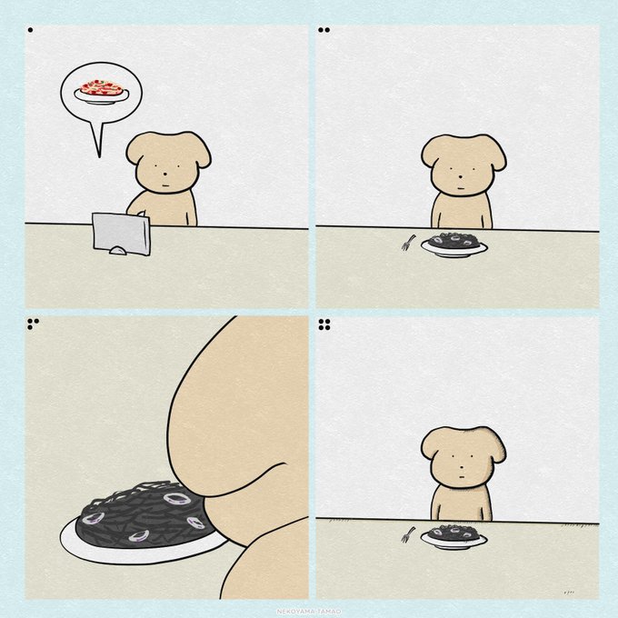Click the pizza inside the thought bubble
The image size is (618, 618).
coord(102,88)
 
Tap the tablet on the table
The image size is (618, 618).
coord(122,234)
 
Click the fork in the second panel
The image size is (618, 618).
coord(408,243)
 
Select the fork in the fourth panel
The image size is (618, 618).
coord(408,534)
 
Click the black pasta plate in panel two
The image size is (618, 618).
coord(454,244)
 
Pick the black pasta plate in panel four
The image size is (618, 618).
coord(454,536)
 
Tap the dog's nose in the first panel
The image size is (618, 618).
coord(165,174)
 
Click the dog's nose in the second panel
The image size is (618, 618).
coord(460,177)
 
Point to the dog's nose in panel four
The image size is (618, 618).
coord(460,468)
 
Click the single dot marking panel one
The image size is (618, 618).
coord(30,30)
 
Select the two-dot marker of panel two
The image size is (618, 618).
coord(324,30)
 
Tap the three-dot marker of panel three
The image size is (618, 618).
coord(33,324)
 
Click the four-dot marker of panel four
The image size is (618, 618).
coord(324,324)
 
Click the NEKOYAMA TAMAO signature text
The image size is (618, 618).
coord(309,612)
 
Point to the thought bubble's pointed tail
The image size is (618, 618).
coord(99,157)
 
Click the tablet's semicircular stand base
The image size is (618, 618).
coord(118,250)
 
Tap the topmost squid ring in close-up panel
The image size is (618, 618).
coord(177,499)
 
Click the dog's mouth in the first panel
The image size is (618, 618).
coord(166,185)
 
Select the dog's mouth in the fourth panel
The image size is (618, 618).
coord(461,477)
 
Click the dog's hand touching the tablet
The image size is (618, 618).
coord(141,214)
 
